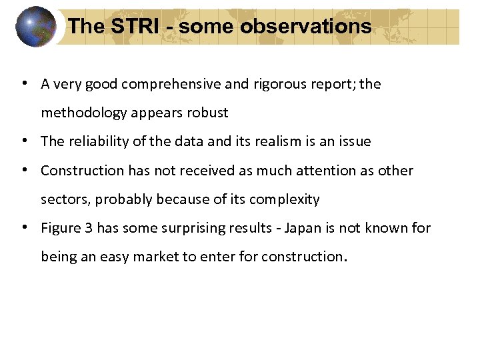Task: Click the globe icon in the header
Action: [36, 27]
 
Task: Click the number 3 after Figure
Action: [89, 228]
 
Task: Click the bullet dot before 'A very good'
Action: [23, 84]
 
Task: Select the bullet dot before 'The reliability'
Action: [23, 141]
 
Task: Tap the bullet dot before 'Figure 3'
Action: [23, 228]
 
